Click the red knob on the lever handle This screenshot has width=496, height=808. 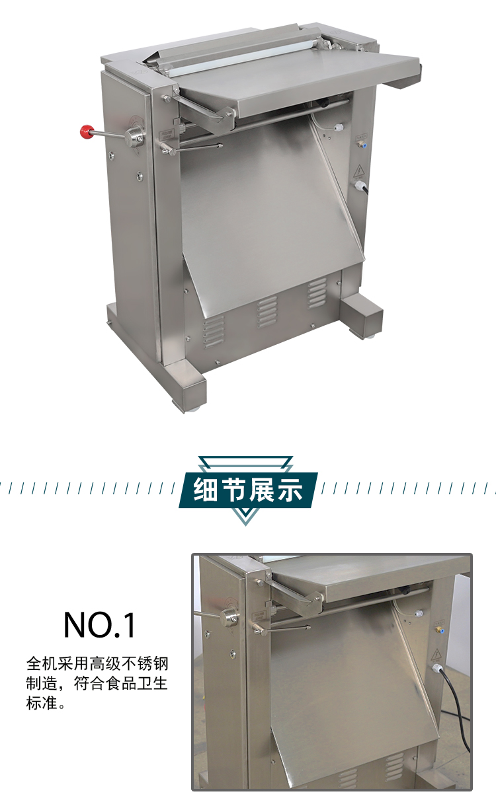pos(85,131)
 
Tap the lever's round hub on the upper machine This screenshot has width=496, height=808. pos(136,137)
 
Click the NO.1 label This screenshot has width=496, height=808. pos(99,624)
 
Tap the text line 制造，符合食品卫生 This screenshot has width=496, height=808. pos(97,683)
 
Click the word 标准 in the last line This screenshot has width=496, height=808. pos(40,703)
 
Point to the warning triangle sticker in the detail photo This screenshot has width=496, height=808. pos(436,656)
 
